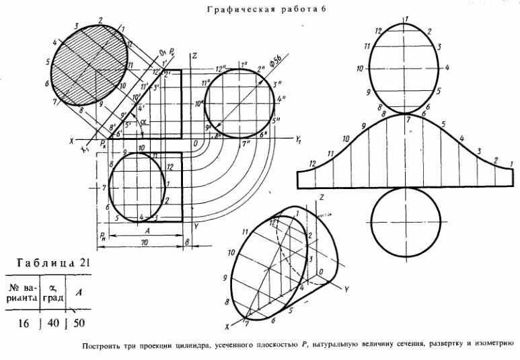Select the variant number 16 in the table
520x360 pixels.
(x=24, y=323)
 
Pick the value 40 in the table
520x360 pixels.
(x=53, y=323)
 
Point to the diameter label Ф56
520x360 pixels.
(x=275, y=60)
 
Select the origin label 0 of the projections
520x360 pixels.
(x=194, y=143)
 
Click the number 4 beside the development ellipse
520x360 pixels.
(x=447, y=68)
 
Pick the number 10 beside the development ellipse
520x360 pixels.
(x=361, y=68)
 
